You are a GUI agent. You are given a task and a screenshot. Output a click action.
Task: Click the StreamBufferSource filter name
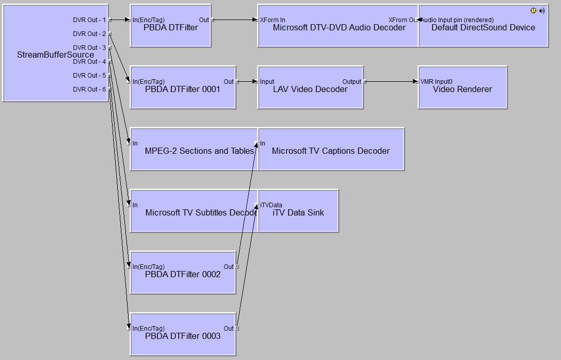coord(56,55)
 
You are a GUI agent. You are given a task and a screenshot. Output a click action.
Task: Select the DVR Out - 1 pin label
coord(89,20)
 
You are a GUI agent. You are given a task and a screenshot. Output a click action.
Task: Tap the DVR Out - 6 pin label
coord(89,89)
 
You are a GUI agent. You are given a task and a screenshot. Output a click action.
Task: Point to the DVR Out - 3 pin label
coord(89,48)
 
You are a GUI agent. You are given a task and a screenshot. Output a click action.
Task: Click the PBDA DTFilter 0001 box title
coord(183,89)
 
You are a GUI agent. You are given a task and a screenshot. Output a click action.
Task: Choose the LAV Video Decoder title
coord(310,89)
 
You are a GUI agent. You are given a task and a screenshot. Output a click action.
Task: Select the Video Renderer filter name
coord(462,89)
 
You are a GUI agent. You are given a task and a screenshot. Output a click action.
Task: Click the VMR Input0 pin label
coord(437,82)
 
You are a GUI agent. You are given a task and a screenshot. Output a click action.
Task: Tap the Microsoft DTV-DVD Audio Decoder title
coord(339,28)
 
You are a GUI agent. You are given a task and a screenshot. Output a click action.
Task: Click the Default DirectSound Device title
coord(483,28)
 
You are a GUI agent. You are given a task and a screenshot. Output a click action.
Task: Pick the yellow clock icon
coord(533,10)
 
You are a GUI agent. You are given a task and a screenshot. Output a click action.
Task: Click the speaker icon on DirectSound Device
coord(541,10)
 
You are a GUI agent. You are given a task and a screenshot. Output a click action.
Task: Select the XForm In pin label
coord(273,20)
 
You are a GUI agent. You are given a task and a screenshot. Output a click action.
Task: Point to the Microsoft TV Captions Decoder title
coord(331,151)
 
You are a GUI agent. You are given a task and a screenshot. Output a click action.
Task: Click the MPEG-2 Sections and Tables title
coord(199,151)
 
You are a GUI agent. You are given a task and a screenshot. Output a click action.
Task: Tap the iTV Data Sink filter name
coord(298,213)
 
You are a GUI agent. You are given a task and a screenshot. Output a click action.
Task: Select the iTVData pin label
coord(271,205)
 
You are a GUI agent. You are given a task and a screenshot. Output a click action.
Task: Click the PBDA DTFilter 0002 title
coord(183,275)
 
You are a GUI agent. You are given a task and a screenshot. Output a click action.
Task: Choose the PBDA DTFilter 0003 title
coord(183,336)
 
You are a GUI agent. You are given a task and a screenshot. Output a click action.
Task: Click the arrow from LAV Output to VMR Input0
coord(391,82)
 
